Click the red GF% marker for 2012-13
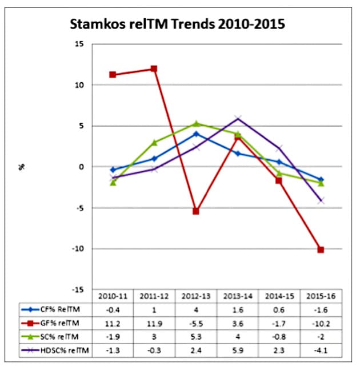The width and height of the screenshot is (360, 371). tap(196, 211)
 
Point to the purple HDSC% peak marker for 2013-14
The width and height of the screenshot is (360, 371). tap(238, 119)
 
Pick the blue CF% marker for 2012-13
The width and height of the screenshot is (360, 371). tap(196, 134)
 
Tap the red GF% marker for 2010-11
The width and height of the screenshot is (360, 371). tap(113, 75)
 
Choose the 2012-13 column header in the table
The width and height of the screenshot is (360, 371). tap(196, 297)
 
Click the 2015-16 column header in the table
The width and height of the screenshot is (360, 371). tap(321, 297)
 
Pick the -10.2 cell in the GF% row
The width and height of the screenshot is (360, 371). tap(321, 323)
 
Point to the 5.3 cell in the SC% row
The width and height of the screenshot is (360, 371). tap(196, 336)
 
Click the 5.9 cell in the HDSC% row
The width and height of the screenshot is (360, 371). tap(238, 348)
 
